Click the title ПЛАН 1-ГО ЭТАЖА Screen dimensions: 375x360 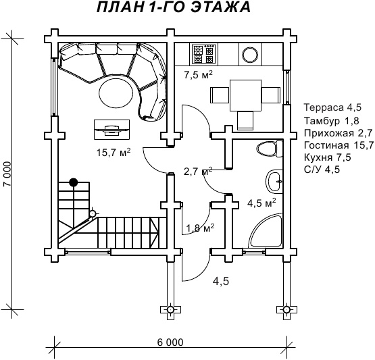pyautogui.click(x=174, y=7)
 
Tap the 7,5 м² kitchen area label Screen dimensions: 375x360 pyautogui.click(x=198, y=74)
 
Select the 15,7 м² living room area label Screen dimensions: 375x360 pyautogui.click(x=114, y=152)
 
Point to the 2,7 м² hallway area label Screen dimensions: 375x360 pyautogui.click(x=198, y=171)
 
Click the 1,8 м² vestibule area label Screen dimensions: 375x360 pyautogui.click(x=200, y=228)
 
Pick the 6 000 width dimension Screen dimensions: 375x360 pyautogui.click(x=170, y=342)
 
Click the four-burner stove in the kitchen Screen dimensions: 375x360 pyautogui.click(x=204, y=54)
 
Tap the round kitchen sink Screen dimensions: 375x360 pyautogui.click(x=251, y=54)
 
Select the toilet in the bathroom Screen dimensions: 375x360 pyautogui.click(x=270, y=149)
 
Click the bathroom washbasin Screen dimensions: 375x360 pyautogui.click(x=274, y=182)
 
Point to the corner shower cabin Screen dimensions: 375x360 pyautogui.click(x=266, y=230)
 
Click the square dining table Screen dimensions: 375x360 pyautogui.click(x=245, y=96)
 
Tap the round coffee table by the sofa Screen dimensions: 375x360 pyautogui.click(x=116, y=91)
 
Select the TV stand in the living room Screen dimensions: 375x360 pyautogui.click(x=112, y=130)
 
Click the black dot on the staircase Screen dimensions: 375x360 pyautogui.click(x=74, y=182)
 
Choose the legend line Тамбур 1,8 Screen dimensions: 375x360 pyautogui.click(x=332, y=121)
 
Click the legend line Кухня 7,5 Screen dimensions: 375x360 pyautogui.click(x=328, y=157)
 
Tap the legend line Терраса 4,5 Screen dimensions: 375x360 pyautogui.click(x=332, y=107)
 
